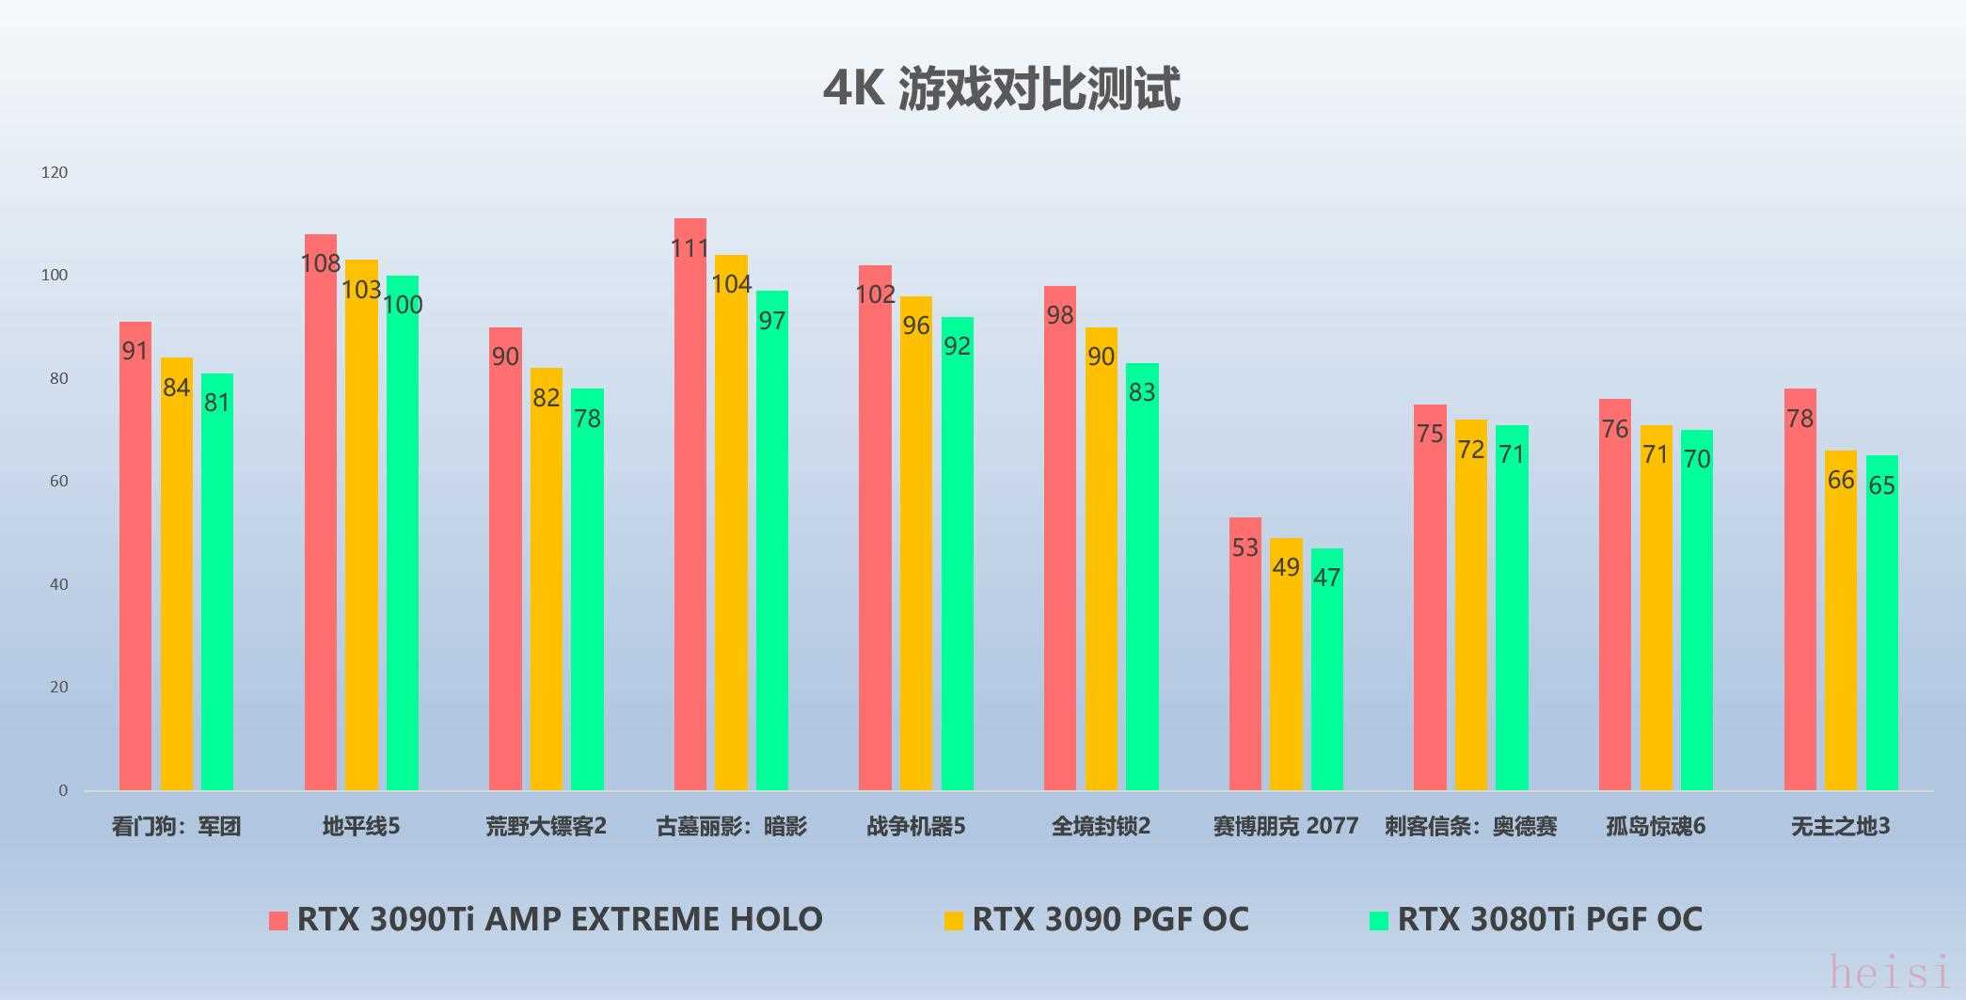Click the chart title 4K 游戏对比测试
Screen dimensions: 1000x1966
[1001, 89]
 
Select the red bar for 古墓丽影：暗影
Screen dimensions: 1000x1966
[690, 508]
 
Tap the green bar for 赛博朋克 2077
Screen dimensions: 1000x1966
[1326, 673]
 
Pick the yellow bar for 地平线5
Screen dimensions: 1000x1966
[361, 527]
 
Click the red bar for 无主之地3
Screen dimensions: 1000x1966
[1800, 593]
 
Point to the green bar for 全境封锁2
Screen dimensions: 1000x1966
[1142, 579]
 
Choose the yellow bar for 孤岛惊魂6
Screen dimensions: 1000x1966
[1656, 611]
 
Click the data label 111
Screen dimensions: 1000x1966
[690, 248]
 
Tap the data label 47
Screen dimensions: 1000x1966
[1326, 578]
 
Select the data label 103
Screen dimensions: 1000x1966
[361, 289]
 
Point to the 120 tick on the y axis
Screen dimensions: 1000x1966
[55, 172]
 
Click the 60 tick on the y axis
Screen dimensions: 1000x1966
[58, 481]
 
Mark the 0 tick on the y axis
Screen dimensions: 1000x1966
[63, 790]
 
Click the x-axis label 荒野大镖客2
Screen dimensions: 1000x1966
[546, 827]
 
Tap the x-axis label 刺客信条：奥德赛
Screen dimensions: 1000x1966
[1470, 827]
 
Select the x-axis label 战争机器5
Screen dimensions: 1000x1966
[915, 827]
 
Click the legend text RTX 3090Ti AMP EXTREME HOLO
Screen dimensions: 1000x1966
[560, 919]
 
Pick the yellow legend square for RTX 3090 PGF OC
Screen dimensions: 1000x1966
[954, 920]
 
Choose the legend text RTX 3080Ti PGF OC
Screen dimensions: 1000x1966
[1549, 919]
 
